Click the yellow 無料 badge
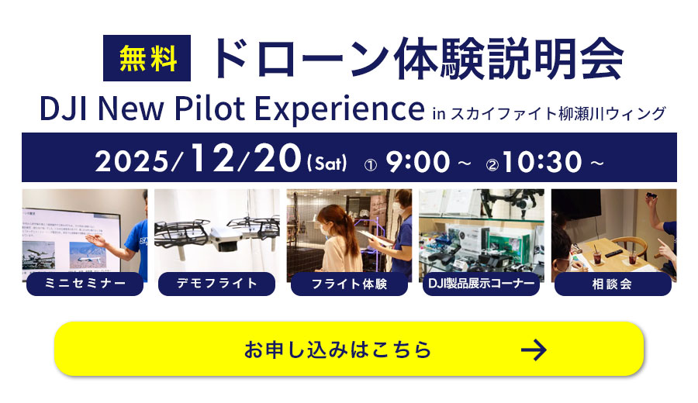click(x=147, y=58)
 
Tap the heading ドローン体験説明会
click(x=419, y=59)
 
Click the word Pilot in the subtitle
click(x=209, y=108)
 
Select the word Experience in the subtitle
click(x=340, y=109)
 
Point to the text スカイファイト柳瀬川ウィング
click(x=558, y=113)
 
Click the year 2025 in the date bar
click(x=132, y=161)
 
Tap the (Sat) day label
click(x=327, y=163)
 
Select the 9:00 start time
click(x=417, y=161)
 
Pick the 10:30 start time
click(x=542, y=161)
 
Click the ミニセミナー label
click(x=85, y=284)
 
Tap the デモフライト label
click(x=217, y=284)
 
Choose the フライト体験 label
click(x=349, y=284)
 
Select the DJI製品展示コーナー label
click(x=481, y=284)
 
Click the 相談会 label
click(x=613, y=284)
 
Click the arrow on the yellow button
click(x=534, y=350)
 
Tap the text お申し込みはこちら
click(x=338, y=350)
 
